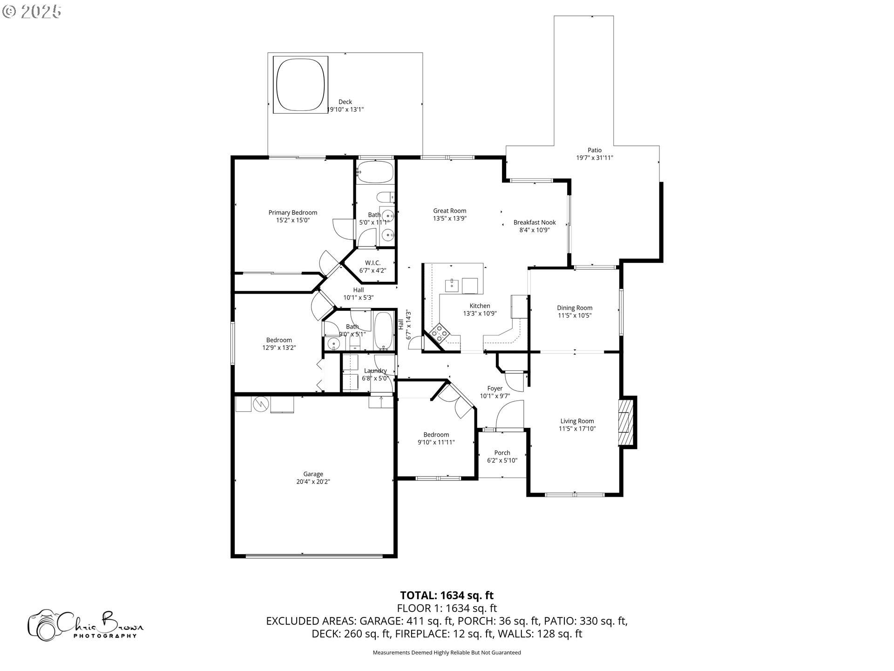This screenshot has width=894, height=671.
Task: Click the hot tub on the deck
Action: (x=300, y=84)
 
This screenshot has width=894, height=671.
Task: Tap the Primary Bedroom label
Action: (x=292, y=212)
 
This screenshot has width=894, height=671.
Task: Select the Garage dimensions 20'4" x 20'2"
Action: (x=313, y=482)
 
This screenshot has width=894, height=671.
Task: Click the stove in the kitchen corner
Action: (x=439, y=333)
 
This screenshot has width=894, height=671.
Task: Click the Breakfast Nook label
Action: (x=535, y=222)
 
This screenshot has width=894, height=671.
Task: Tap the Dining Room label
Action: (x=575, y=308)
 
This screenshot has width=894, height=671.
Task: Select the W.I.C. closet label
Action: (x=372, y=263)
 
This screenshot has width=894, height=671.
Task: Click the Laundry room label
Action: (x=375, y=371)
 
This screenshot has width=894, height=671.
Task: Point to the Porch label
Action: (x=502, y=452)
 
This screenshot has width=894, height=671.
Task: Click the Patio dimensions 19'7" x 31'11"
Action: (x=594, y=158)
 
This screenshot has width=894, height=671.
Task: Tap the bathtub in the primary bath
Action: (x=375, y=171)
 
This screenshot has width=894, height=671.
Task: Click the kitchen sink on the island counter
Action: (x=452, y=285)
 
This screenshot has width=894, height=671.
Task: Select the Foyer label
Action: (x=494, y=388)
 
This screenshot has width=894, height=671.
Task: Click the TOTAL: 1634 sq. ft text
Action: (x=447, y=595)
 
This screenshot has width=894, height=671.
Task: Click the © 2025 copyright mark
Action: (x=32, y=11)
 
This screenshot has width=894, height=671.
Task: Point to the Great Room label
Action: (x=449, y=211)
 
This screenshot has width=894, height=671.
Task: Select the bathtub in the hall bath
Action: (x=384, y=331)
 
